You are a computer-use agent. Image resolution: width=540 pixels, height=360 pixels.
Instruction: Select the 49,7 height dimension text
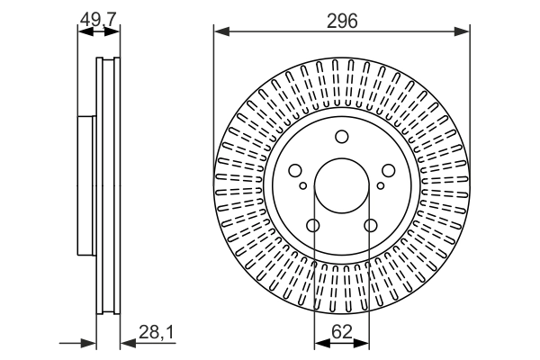click(98, 18)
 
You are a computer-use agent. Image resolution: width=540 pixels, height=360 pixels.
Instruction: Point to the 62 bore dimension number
click(341, 332)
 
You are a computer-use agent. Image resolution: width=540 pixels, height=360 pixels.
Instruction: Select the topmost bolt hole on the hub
click(341, 137)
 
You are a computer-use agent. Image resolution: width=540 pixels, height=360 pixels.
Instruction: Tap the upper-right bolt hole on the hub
click(388, 170)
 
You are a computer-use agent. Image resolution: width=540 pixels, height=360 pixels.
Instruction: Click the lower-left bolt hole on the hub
click(312, 225)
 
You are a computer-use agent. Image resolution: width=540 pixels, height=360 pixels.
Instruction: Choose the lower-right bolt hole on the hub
click(370, 225)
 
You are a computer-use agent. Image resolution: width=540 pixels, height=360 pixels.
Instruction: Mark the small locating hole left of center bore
click(302, 186)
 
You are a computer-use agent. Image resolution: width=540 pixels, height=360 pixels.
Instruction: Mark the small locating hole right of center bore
click(380, 186)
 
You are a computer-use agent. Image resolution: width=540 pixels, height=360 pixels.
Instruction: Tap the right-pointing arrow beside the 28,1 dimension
click(90, 343)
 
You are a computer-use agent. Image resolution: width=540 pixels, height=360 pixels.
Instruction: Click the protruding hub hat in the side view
click(86, 185)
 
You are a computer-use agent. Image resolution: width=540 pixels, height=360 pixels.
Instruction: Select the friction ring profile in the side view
click(108, 185)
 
